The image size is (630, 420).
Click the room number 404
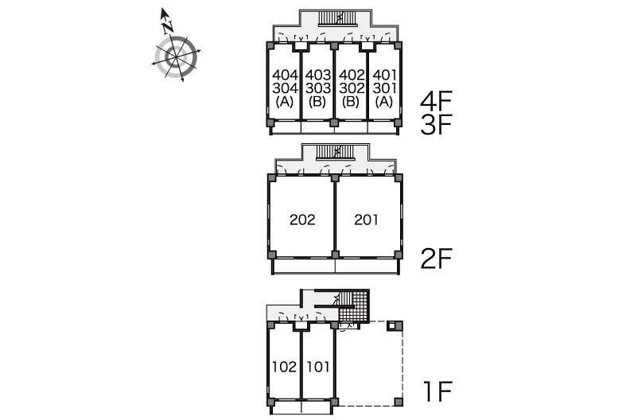(286, 75)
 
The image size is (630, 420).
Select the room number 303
(318, 87)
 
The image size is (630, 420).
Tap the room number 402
(352, 75)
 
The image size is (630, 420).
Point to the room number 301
(384, 87)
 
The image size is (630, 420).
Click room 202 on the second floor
(302, 220)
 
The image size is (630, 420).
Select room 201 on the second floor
(366, 220)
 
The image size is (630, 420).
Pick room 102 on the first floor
(285, 367)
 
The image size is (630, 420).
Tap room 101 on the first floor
(318, 367)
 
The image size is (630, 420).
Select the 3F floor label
(437, 124)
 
